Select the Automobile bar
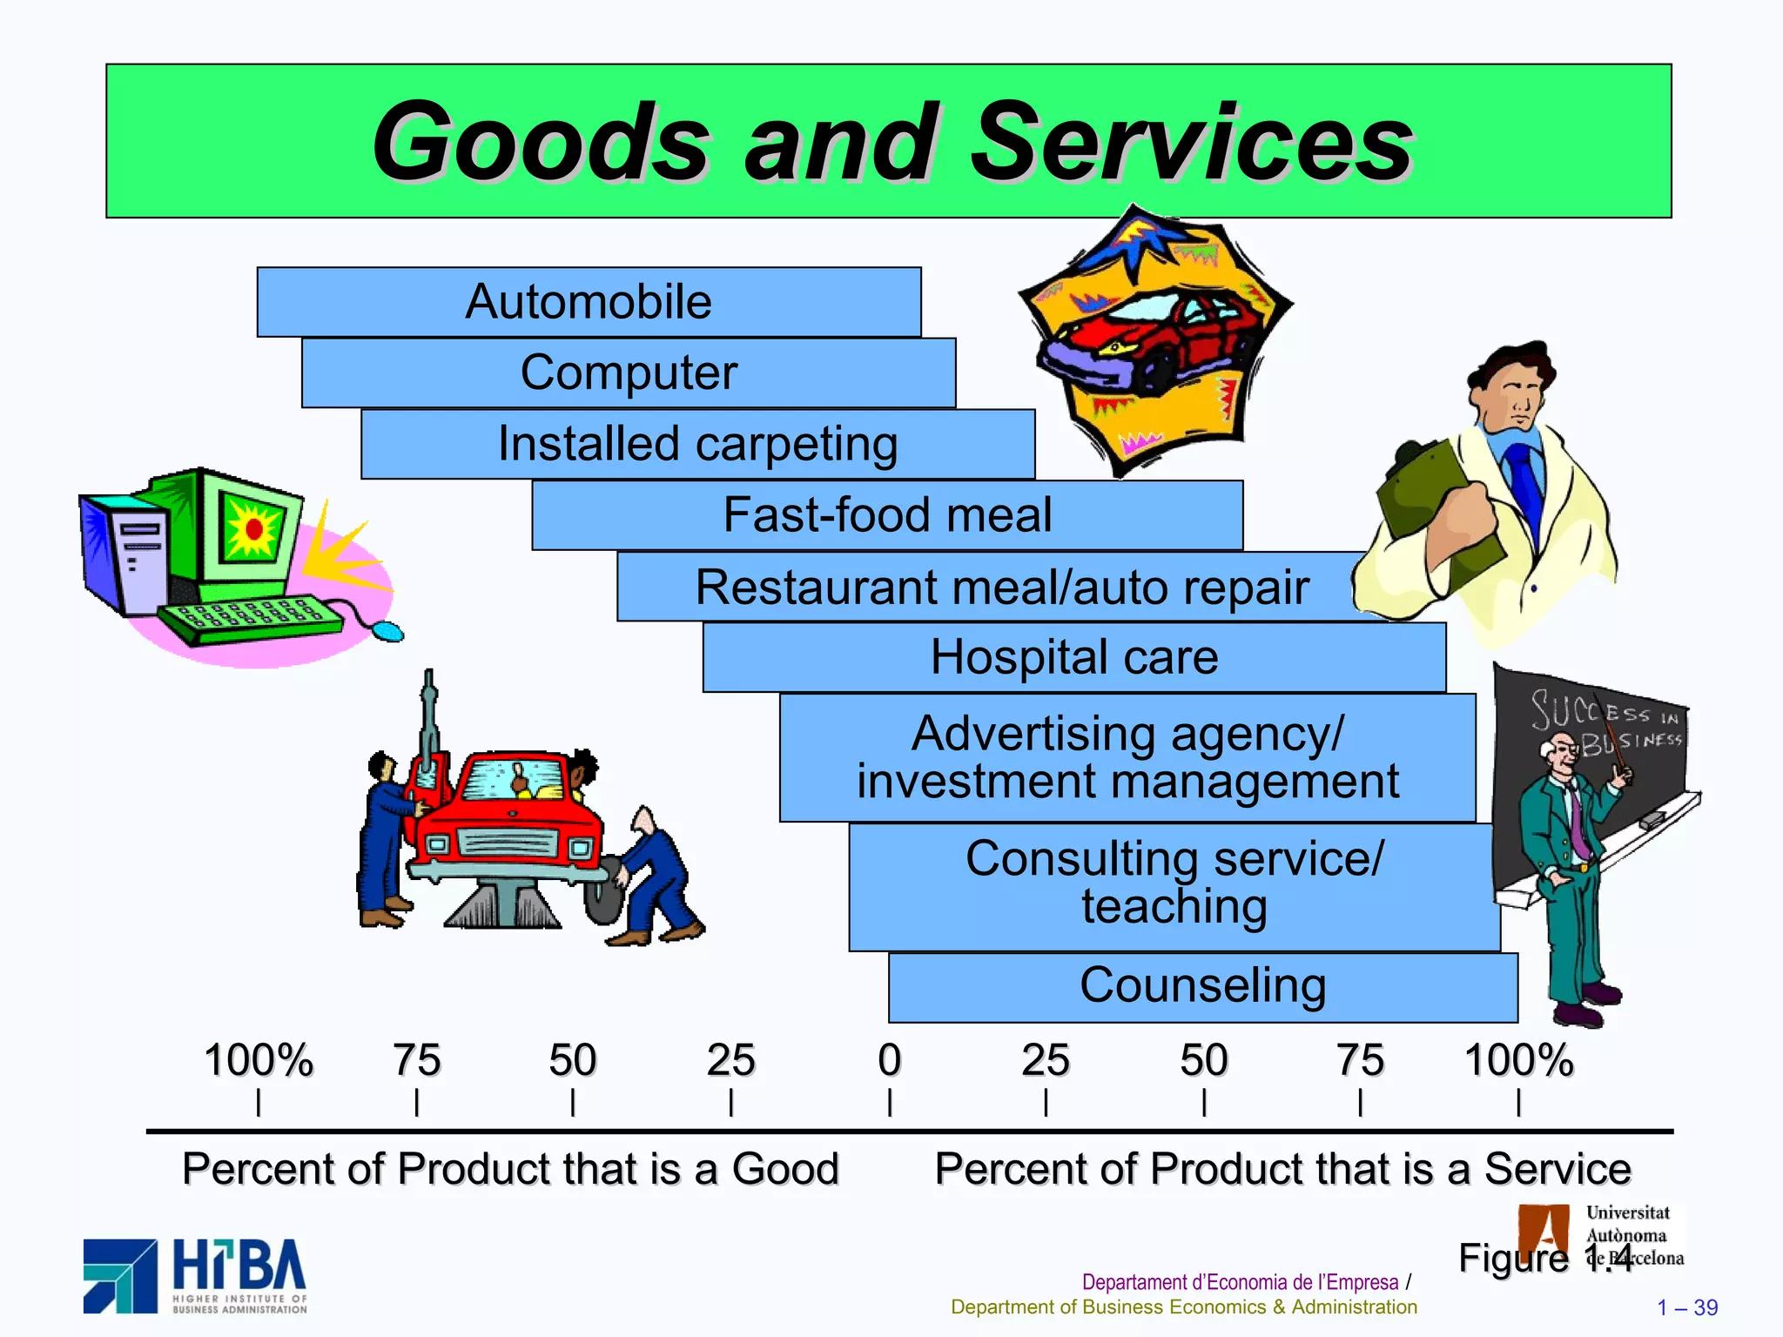589,302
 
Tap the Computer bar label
629,373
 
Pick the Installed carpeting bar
697,444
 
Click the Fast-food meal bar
887,514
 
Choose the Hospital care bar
1073,657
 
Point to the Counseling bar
1202,986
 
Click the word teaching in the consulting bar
1174,907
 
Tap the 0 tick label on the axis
889,1061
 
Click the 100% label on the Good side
258,1061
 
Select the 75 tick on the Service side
1360,1061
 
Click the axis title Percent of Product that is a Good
510,1169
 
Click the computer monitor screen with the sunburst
252,528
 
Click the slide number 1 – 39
1686,1307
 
